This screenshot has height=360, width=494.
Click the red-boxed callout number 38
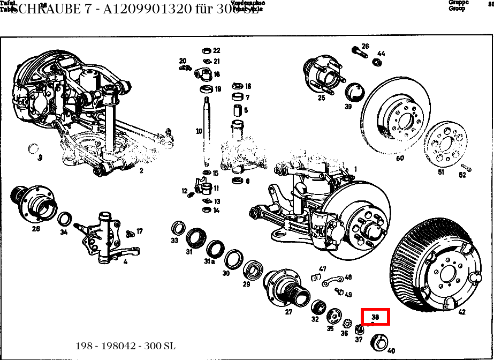point(375,317)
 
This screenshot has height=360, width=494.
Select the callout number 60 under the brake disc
point(400,158)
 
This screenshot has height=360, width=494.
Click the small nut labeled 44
point(377,62)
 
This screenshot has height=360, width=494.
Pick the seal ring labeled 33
point(178,228)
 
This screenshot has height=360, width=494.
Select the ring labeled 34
point(65,219)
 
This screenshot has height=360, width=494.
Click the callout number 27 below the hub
point(289,312)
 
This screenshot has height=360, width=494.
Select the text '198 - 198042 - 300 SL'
point(126,346)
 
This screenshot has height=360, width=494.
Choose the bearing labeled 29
point(253,270)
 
